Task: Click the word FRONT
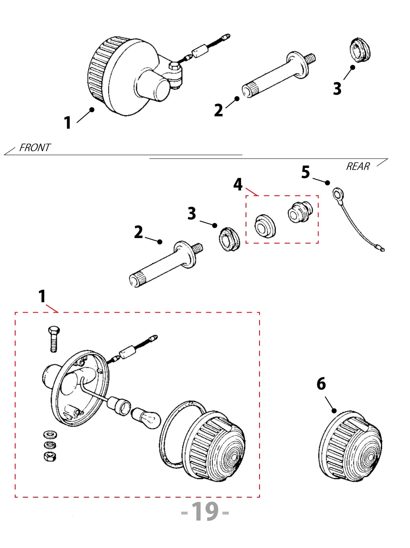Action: tap(35, 147)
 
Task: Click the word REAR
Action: tap(358, 166)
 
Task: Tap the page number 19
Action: tap(205, 512)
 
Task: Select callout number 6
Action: tap(321, 384)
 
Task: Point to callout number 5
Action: tap(305, 172)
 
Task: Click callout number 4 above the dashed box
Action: tap(238, 184)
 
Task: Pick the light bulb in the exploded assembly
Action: tap(146, 417)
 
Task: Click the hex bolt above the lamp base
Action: tap(54, 339)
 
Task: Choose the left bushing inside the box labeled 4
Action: tap(264, 226)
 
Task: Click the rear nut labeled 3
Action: tap(228, 239)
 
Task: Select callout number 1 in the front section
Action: tap(68, 122)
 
